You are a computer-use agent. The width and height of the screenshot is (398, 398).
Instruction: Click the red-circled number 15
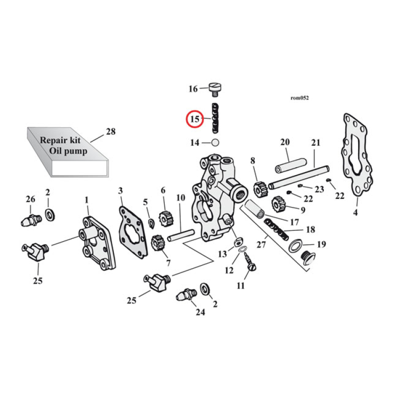click(194, 119)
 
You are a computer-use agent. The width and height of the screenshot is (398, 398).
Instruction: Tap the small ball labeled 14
click(215, 143)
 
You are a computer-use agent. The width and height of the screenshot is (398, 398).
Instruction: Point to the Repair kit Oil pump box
click(67, 150)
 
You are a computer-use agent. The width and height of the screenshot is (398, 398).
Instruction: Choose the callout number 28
click(110, 132)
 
